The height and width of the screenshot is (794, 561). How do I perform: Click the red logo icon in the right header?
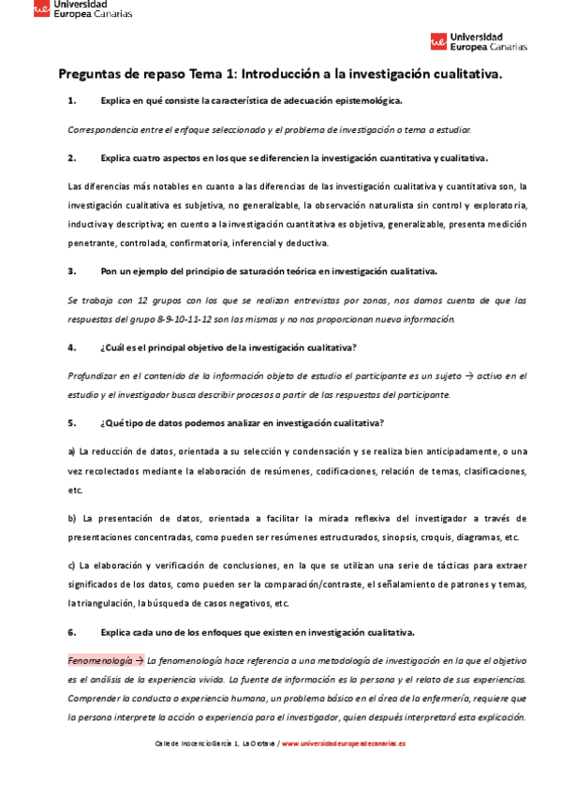tap(438, 41)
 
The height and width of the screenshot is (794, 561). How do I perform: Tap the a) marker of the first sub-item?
tap(71, 452)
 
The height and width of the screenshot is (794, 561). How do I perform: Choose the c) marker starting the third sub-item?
tap(71, 566)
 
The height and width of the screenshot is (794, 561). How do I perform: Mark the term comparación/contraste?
tap(305, 584)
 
